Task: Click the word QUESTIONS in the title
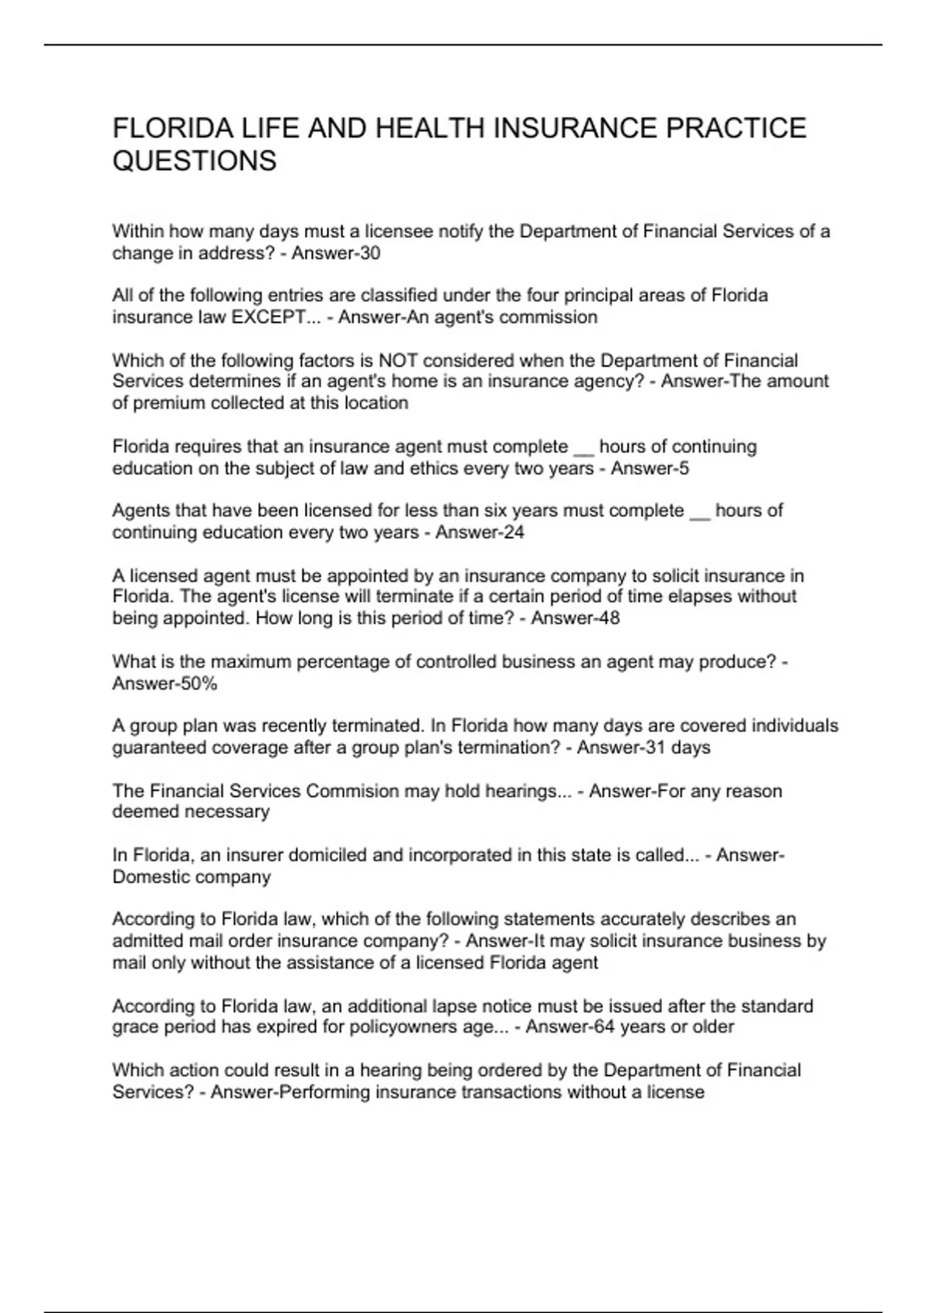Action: (194, 161)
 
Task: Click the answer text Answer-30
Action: (336, 253)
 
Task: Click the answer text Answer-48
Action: (576, 618)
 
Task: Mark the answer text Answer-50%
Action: (165, 684)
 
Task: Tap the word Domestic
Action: (149, 877)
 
